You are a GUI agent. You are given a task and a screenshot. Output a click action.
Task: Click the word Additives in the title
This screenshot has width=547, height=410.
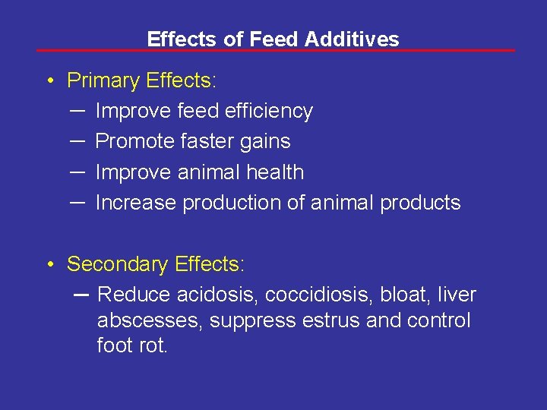pos(352,39)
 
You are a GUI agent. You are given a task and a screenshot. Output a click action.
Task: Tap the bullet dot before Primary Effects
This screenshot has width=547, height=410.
pos(48,81)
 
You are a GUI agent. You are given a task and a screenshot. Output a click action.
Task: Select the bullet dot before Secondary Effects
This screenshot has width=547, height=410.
pos(48,265)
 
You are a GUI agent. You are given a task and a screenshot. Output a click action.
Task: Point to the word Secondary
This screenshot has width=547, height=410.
pos(118,264)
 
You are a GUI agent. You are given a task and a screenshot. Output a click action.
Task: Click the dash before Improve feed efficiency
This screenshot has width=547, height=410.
pos(76,111)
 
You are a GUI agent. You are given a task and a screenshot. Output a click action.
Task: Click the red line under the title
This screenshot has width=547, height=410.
pos(275,51)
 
